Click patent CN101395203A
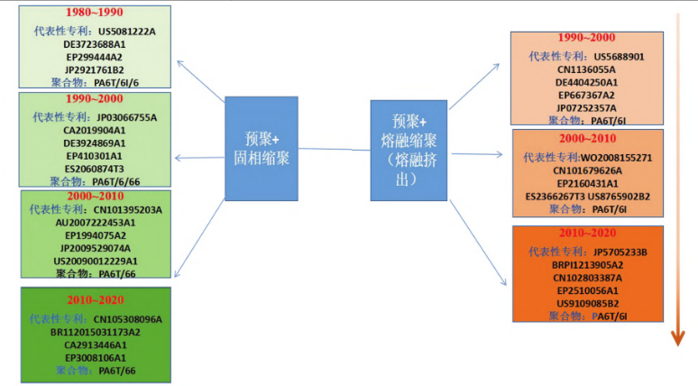127,209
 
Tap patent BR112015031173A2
96,332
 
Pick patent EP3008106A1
95,357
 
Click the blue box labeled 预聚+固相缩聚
262,149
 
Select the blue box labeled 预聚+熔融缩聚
409,150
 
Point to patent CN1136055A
586,69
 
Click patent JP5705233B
626,252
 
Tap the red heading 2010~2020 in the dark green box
95,299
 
